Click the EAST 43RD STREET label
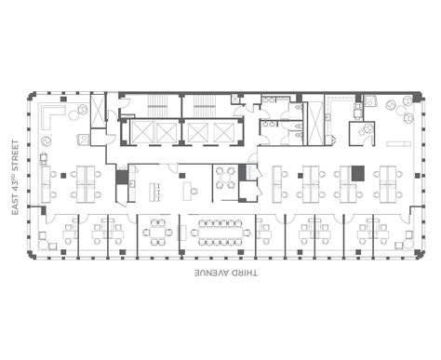coord(15,177)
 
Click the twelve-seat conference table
coord(220,230)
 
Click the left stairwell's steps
coord(148,105)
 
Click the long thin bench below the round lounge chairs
coord(400,144)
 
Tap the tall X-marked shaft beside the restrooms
coord(314,121)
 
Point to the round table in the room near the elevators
coord(226,177)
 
